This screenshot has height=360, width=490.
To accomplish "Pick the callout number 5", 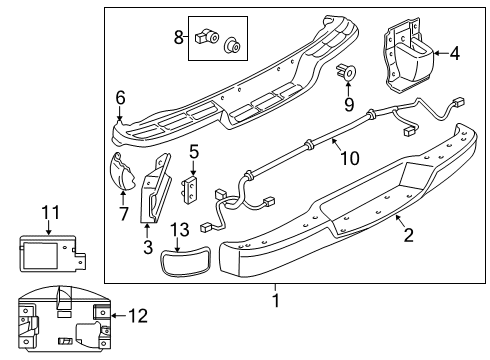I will coord(194,153).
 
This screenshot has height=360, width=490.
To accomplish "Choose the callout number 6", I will coord(120,97).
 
